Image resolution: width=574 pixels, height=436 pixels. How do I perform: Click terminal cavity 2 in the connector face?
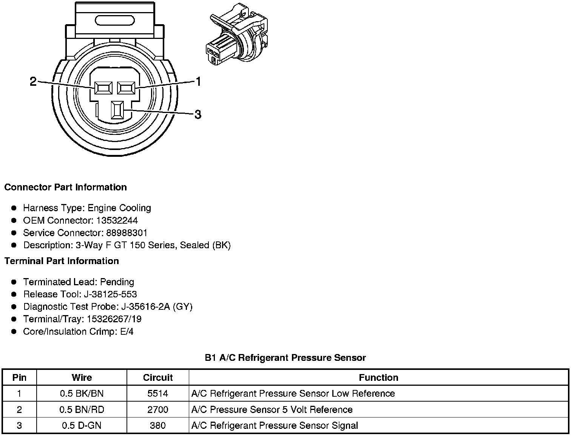[x=103, y=88]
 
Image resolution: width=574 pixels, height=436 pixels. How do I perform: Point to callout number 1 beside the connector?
[x=198, y=81]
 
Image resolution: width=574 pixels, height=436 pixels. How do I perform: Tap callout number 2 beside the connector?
[x=33, y=81]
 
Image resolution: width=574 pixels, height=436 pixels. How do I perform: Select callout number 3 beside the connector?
[x=198, y=114]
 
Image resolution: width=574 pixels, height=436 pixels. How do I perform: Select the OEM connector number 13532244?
[x=117, y=220]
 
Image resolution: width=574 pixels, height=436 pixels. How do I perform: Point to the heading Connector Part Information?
[x=65, y=187]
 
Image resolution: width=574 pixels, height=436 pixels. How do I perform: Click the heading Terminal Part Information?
[x=62, y=261]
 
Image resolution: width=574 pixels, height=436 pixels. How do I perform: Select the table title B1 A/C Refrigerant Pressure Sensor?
[x=285, y=357]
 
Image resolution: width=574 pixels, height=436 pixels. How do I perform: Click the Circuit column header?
[x=157, y=377]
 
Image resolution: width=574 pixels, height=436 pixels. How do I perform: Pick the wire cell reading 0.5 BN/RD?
[x=82, y=410]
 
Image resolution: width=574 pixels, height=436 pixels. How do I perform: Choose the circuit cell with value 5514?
[x=157, y=393]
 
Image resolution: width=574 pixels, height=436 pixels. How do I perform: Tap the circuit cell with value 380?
[x=157, y=425]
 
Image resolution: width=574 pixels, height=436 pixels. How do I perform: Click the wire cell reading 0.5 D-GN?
[x=82, y=425]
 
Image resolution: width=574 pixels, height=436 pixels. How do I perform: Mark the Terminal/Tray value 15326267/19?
[x=114, y=319]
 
